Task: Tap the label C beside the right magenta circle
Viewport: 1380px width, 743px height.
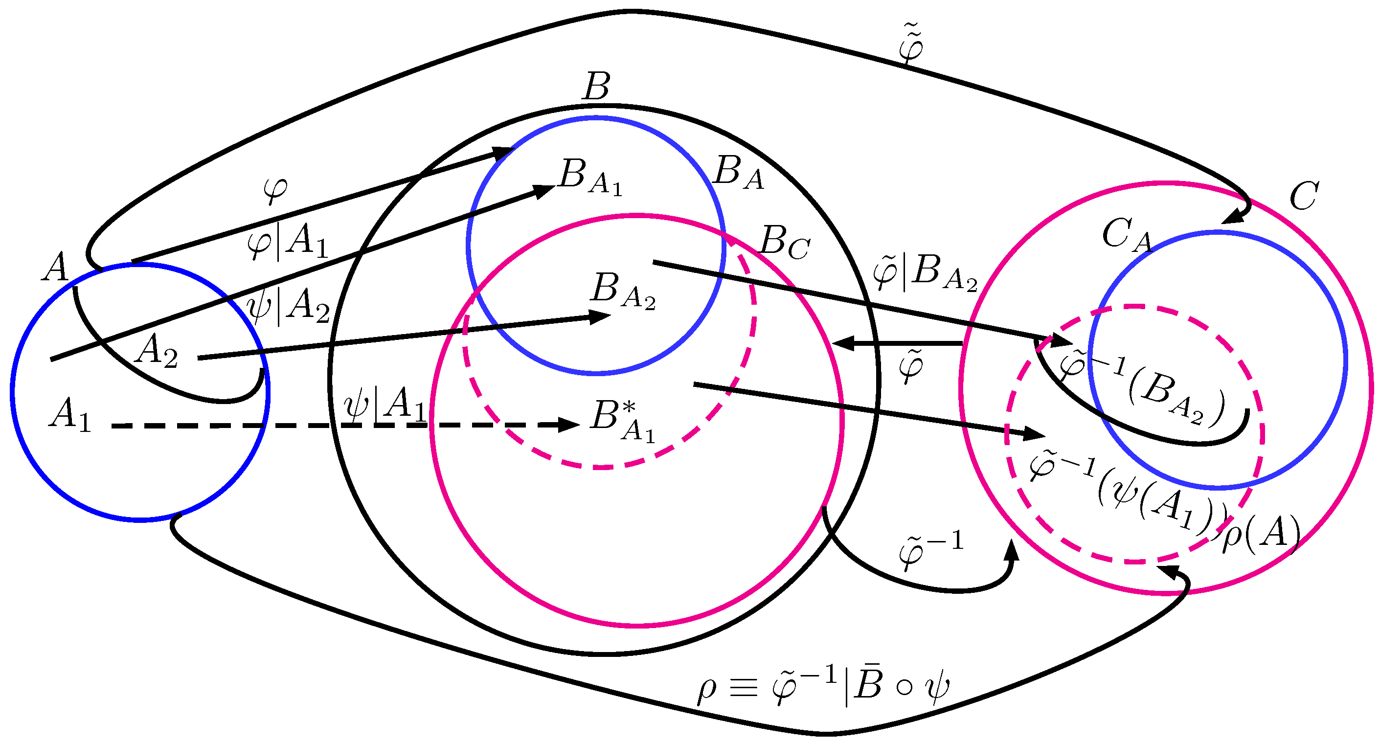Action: point(1303,197)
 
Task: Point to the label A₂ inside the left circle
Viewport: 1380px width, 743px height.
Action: point(156,351)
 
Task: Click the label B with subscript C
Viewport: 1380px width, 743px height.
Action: point(784,243)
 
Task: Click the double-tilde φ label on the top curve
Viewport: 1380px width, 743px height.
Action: point(911,44)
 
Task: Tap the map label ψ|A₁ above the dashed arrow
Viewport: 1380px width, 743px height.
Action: point(385,405)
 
